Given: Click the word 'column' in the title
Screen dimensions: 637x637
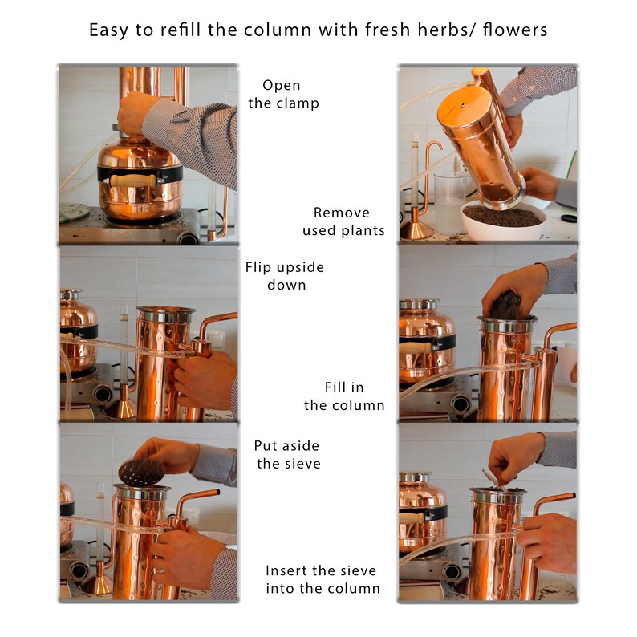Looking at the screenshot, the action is tap(278, 30).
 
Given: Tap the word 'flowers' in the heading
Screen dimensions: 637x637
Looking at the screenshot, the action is tap(515, 30).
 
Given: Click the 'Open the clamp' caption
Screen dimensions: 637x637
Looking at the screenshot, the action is tap(283, 94).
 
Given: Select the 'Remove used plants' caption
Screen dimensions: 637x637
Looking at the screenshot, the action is tap(343, 221).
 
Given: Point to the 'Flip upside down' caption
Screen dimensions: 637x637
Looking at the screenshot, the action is tap(285, 276).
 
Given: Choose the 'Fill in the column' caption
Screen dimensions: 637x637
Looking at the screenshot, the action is tap(344, 396).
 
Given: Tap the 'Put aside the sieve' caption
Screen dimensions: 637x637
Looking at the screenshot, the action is tap(288, 455).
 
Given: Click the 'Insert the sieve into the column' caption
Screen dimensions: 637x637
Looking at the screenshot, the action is tap(323, 579).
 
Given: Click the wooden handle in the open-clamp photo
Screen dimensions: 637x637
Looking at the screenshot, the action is tap(133, 181).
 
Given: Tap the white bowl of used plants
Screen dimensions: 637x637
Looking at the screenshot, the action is tap(504, 221).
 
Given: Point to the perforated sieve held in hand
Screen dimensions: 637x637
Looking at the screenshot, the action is tap(141, 472).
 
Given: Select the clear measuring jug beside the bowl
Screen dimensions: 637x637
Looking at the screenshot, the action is tap(449, 203).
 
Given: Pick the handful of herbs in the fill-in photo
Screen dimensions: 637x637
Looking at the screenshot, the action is tap(506, 305).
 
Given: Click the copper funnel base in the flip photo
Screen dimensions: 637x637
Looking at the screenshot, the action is tap(120, 408).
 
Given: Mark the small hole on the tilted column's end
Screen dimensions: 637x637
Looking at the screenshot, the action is tap(463, 105).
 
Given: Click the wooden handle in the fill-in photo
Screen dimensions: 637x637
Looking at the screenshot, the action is tap(416, 348).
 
